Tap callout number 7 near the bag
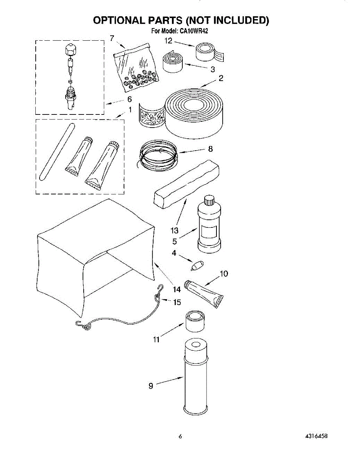point(112,38)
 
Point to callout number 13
point(175,230)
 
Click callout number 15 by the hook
point(177,302)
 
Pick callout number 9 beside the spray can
point(151,386)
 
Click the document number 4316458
point(317,436)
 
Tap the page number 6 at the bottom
point(180,436)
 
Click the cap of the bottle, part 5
point(209,201)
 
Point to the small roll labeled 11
point(195,321)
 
